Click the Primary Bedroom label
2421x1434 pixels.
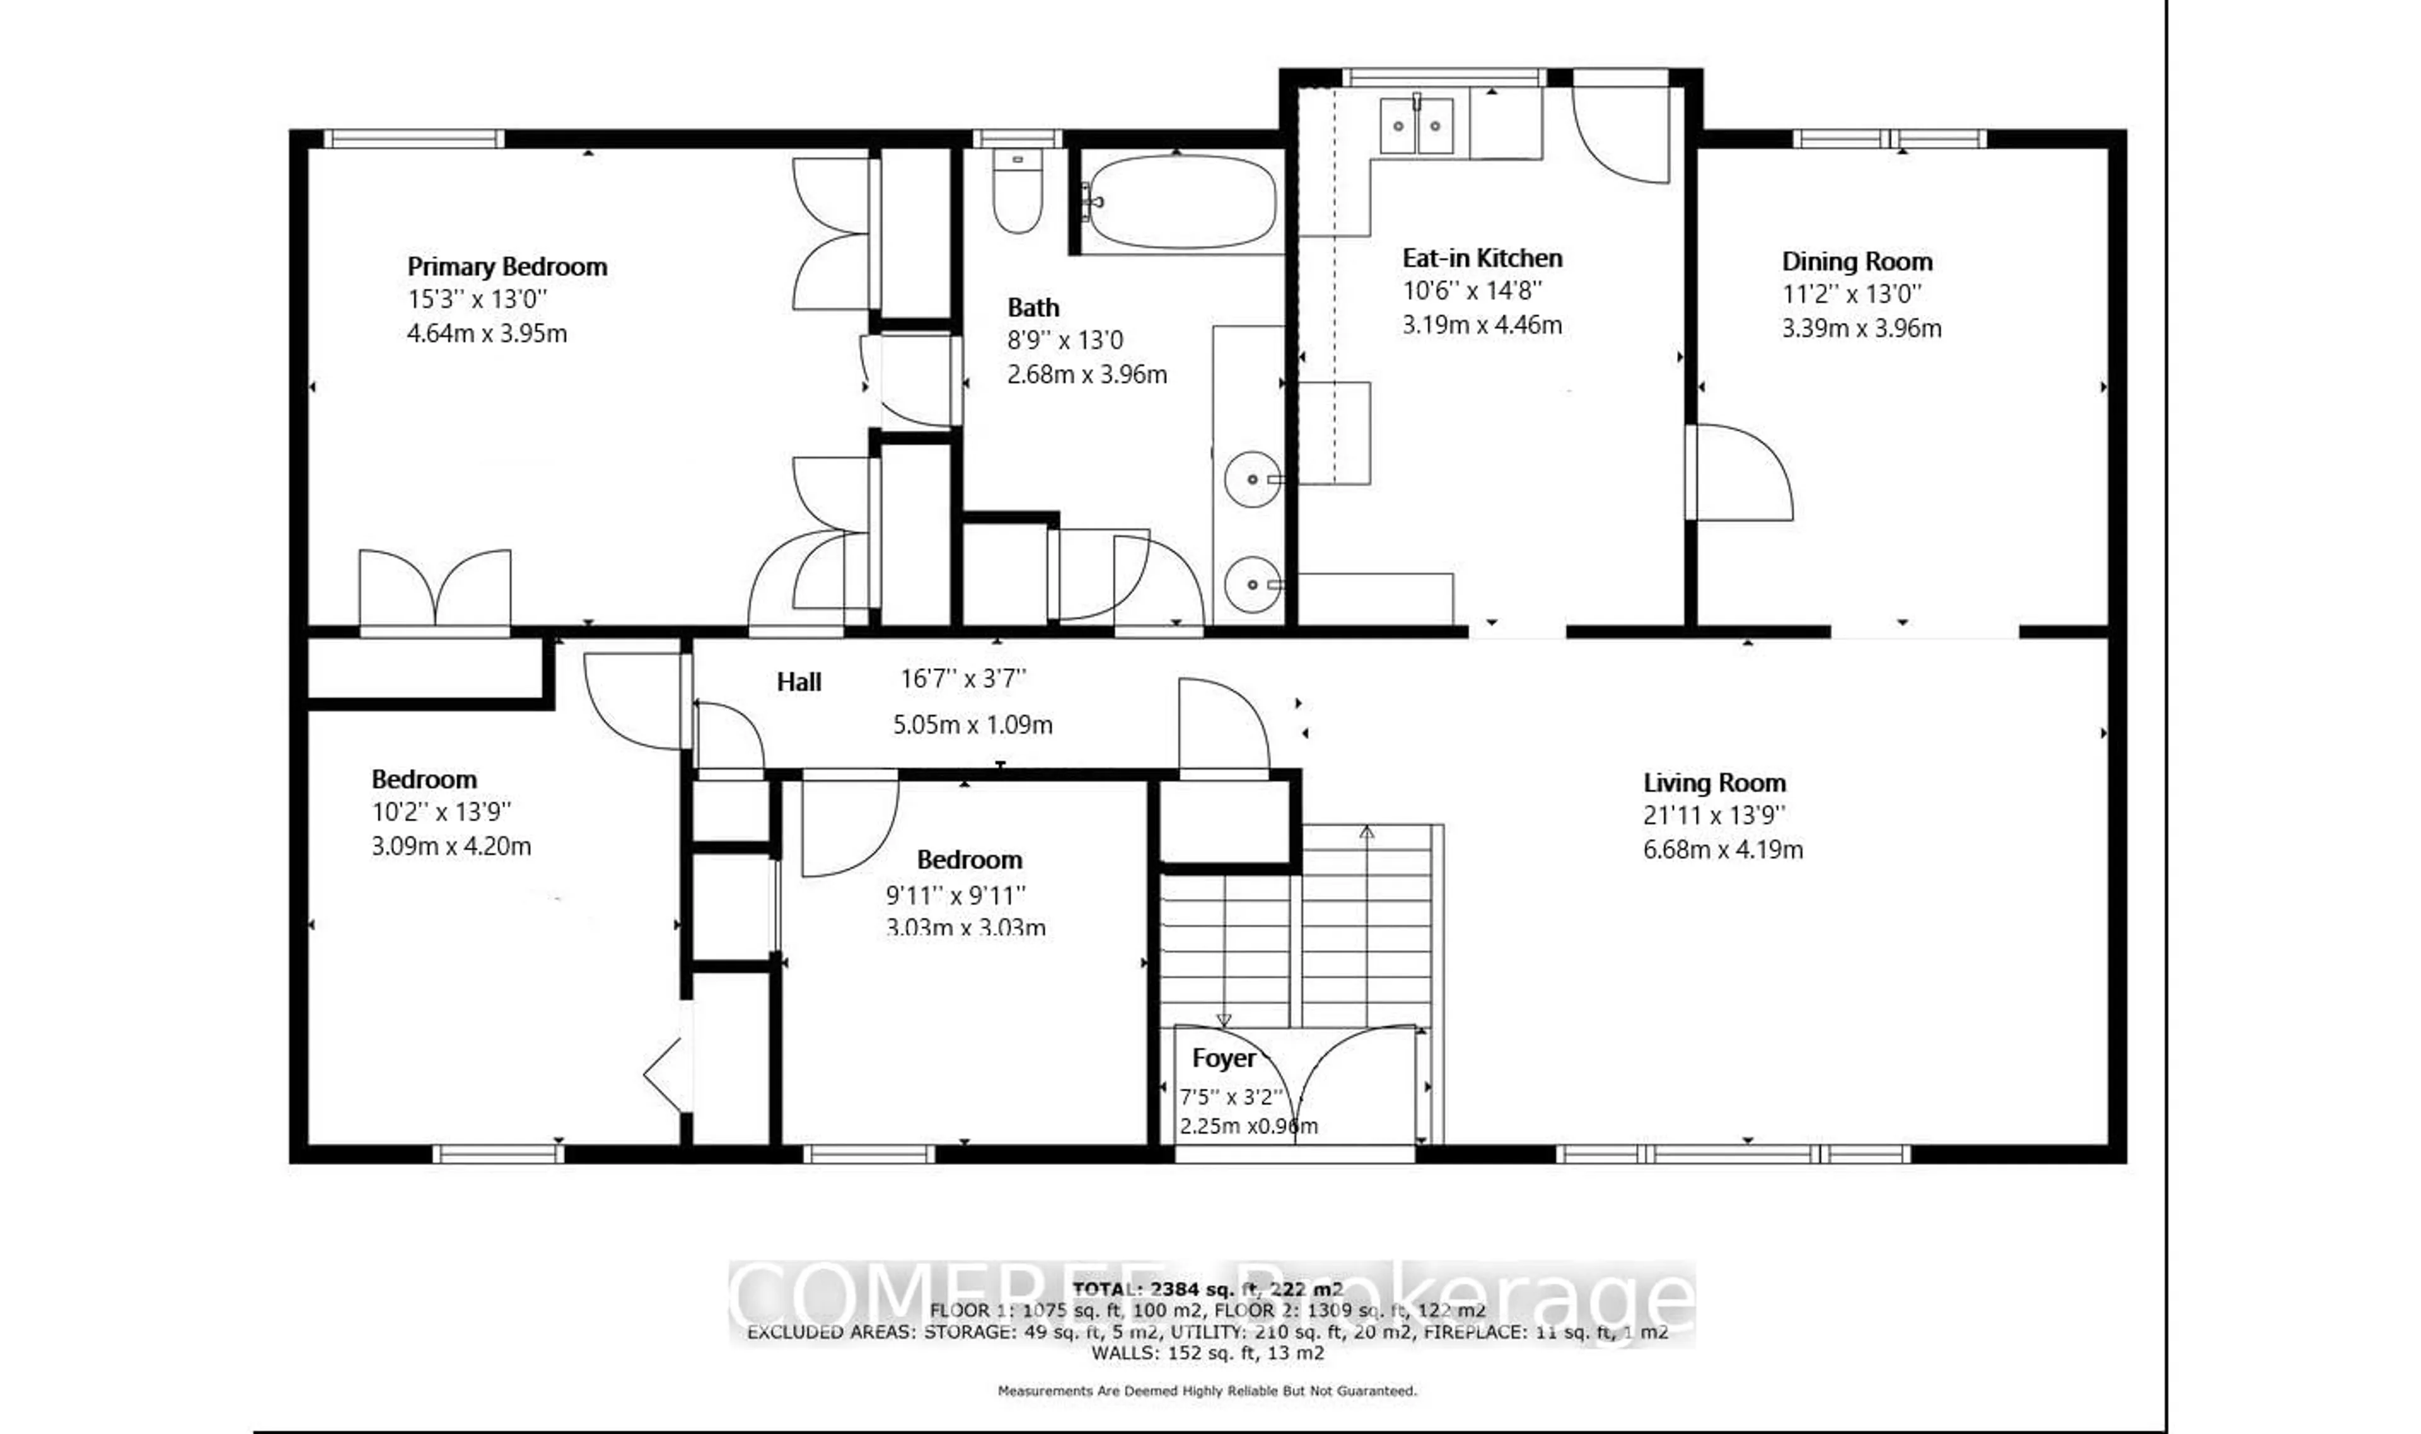click(506, 267)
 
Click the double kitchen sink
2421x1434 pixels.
click(1416, 125)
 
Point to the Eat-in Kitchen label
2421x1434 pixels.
click(1482, 258)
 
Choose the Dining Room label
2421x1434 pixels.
click(1857, 262)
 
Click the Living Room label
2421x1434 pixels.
click(1714, 783)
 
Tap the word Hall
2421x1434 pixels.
click(798, 682)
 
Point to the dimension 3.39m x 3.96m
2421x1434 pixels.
click(1861, 328)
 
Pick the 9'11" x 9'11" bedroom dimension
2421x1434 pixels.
click(955, 896)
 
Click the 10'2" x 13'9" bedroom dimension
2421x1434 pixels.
click(441, 812)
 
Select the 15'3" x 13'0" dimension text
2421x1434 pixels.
click(477, 299)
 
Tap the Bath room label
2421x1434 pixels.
click(1033, 308)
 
